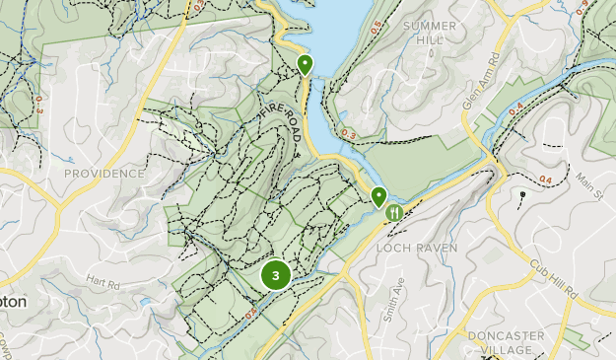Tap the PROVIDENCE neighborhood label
tap(103, 174)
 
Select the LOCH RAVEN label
tap(417, 249)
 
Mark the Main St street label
tap(589, 183)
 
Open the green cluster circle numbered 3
tap(276, 276)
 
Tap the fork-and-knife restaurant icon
tap(394, 211)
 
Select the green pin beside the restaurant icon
tap(378, 196)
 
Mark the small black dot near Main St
tap(522, 194)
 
